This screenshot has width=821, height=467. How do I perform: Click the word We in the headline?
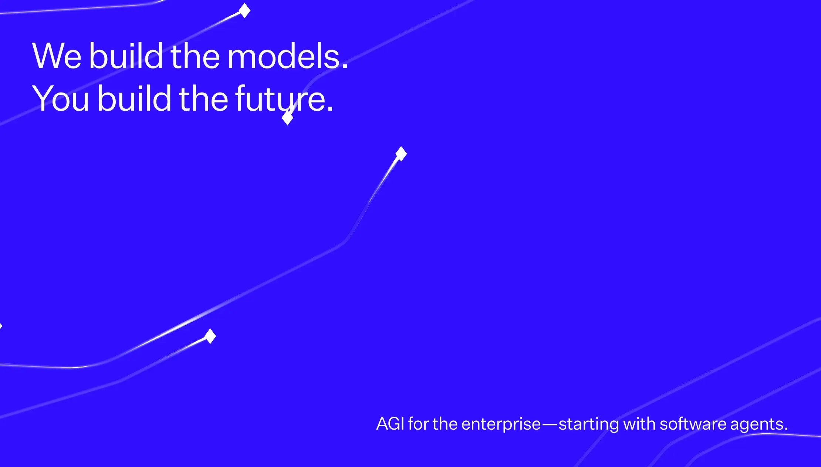(x=57, y=56)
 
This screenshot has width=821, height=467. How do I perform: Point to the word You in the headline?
(x=61, y=98)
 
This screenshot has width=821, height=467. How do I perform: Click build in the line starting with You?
(x=134, y=97)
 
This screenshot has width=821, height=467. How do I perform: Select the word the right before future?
(x=204, y=97)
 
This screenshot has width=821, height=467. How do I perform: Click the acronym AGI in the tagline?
(x=390, y=424)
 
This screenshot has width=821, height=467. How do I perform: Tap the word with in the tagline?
(x=639, y=423)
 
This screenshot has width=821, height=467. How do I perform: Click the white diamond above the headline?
(x=244, y=10)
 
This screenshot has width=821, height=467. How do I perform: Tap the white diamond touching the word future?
(x=287, y=118)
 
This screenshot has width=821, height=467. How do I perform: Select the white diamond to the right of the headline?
(x=401, y=154)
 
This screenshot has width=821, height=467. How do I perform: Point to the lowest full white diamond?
(x=210, y=336)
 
